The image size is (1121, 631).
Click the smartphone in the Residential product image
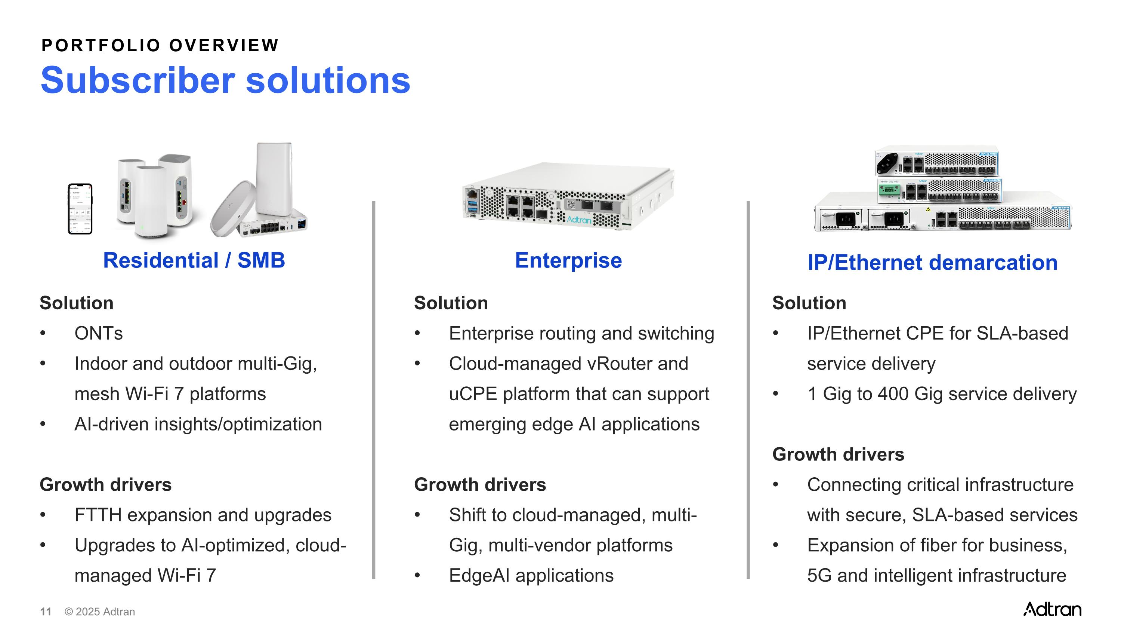80,209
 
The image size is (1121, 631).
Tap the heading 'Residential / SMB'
194,260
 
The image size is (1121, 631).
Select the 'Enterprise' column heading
568,260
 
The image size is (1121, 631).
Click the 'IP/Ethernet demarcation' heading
932,263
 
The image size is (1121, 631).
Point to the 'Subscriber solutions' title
225,80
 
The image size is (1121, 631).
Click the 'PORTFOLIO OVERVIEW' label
160,45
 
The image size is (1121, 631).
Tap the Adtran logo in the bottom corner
1052,609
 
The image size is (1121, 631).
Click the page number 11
46,612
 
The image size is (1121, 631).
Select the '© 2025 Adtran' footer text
100,612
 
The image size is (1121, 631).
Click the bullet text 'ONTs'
99,334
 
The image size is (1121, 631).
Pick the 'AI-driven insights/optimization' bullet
198,424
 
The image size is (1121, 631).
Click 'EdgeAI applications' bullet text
531,576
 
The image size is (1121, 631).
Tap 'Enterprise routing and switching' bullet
581,334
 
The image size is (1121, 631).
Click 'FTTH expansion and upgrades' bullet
203,515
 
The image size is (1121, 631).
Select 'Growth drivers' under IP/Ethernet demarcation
838,454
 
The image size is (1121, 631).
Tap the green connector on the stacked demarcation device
889,190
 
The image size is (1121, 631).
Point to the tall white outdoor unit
274,179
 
